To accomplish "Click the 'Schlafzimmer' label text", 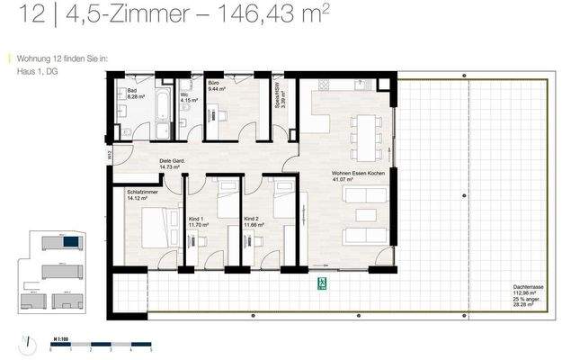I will point(144,191).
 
